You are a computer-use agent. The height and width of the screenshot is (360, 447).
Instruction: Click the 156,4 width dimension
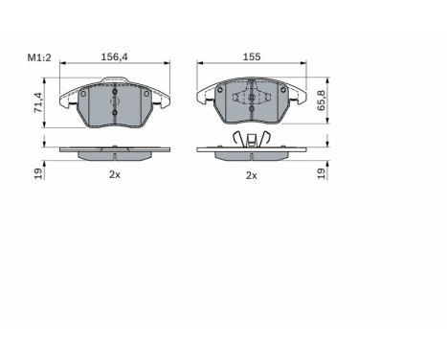click(x=115, y=56)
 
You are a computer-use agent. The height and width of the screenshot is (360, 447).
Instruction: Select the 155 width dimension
click(x=252, y=56)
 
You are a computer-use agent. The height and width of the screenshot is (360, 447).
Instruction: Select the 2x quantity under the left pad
click(x=115, y=175)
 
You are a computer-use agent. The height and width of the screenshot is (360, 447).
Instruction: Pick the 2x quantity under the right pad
click(x=252, y=175)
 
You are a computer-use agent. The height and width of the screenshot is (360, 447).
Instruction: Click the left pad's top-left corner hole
click(x=83, y=94)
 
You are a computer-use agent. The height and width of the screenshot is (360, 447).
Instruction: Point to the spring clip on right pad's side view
click(x=252, y=142)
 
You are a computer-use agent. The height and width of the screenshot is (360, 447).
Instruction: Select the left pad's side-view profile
click(x=115, y=150)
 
